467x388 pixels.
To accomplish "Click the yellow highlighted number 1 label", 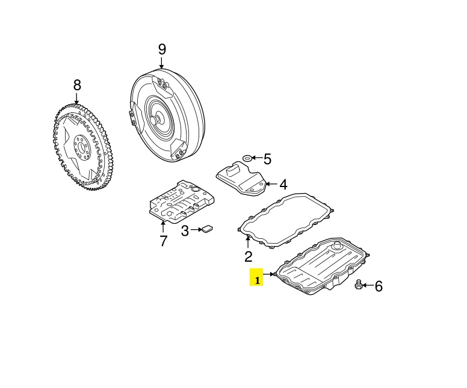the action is pyautogui.click(x=256, y=277).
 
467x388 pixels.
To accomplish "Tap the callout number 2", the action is pyautogui.click(x=248, y=256).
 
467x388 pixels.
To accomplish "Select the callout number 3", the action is pyautogui.click(x=185, y=230).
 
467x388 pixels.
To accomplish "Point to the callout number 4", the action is pyautogui.click(x=283, y=185).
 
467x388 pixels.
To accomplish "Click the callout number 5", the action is pyautogui.click(x=267, y=159).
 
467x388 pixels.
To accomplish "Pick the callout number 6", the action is pyautogui.click(x=379, y=286).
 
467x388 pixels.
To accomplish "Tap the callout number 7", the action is pyautogui.click(x=163, y=241).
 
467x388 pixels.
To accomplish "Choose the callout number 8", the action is pyautogui.click(x=77, y=85).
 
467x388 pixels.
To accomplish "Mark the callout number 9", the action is pyautogui.click(x=162, y=49).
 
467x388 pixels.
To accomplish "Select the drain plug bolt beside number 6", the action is pyautogui.click(x=359, y=285).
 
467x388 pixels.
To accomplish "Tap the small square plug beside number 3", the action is pyautogui.click(x=207, y=229).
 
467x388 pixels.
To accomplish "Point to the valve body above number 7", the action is pyautogui.click(x=181, y=201).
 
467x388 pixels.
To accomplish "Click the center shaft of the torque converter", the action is pyautogui.click(x=155, y=120).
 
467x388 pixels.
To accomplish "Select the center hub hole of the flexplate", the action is pyautogui.click(x=81, y=147).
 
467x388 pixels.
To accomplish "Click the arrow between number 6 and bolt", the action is pyautogui.click(x=368, y=286).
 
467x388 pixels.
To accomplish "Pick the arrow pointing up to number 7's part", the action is pyautogui.click(x=163, y=227).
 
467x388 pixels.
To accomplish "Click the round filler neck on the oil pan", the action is pyautogui.click(x=338, y=245).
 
